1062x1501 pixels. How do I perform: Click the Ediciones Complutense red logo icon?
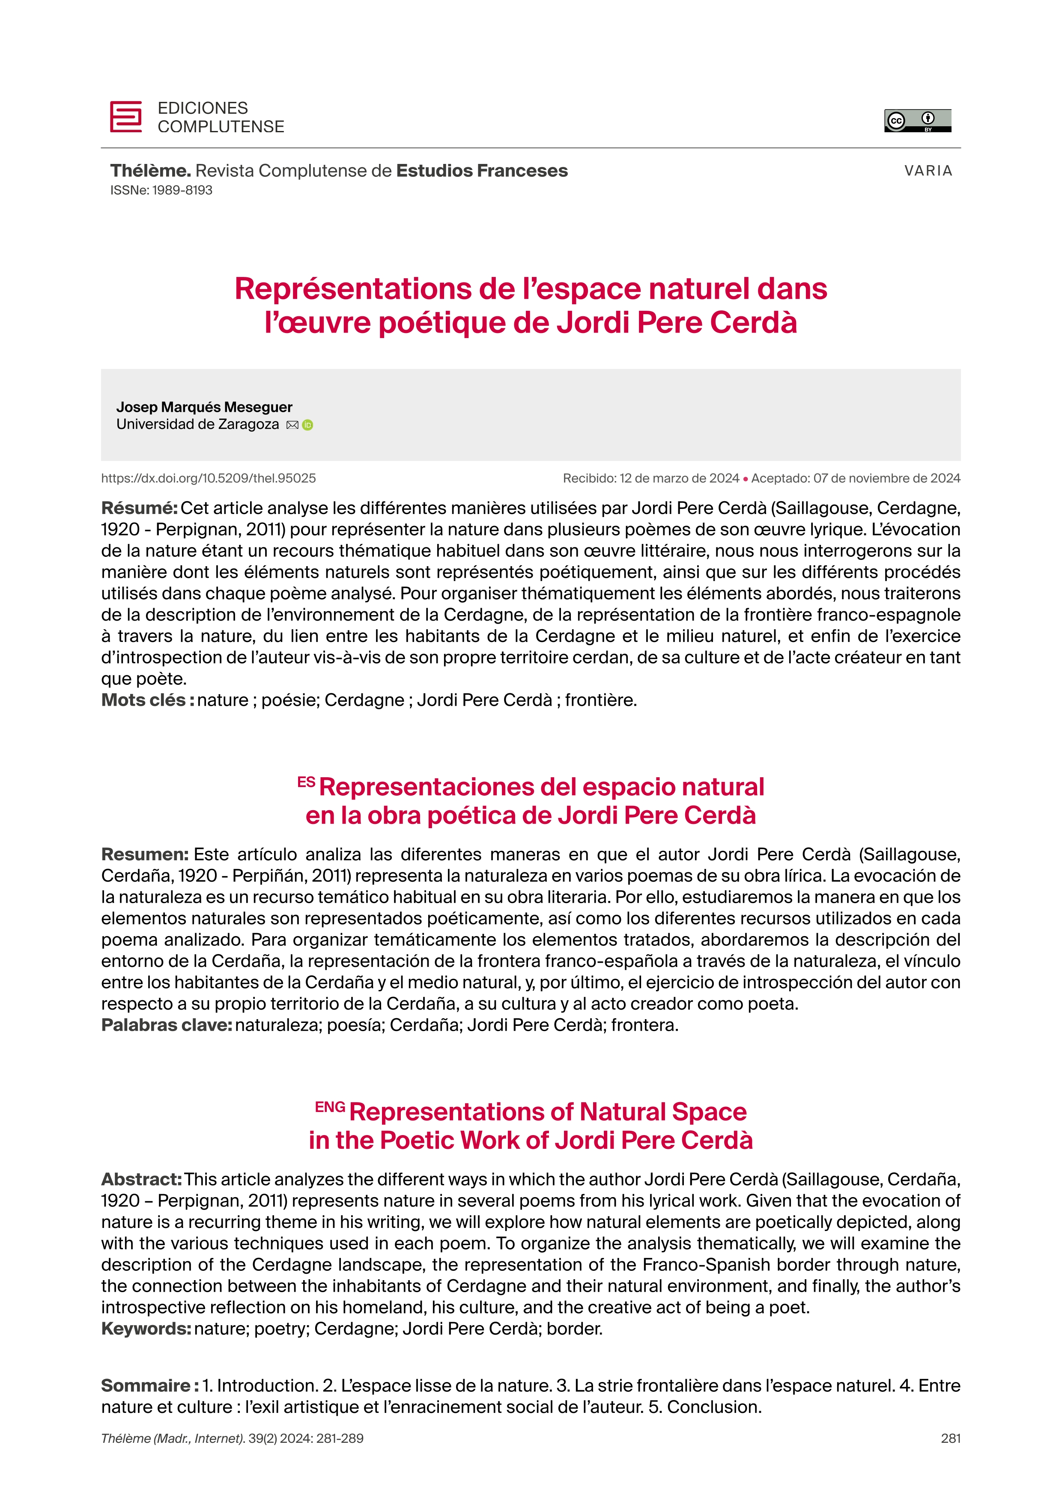(125, 117)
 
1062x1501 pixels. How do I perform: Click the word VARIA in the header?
(928, 171)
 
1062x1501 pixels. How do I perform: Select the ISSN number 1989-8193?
(182, 190)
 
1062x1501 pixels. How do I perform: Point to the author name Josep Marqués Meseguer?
(204, 407)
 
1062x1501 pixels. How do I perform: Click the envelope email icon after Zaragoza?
(292, 425)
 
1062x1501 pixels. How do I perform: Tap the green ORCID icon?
(308, 425)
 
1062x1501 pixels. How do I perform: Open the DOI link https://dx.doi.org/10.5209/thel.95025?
(208, 479)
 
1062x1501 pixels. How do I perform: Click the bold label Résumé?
(139, 508)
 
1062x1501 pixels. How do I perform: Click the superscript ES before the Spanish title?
(306, 782)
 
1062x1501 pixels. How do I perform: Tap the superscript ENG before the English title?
(330, 1107)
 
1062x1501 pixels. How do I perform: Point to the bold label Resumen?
(144, 854)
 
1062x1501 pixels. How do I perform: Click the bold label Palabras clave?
(166, 1025)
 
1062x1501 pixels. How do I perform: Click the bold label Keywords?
(146, 1329)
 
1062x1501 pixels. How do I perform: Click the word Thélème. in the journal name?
(150, 171)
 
